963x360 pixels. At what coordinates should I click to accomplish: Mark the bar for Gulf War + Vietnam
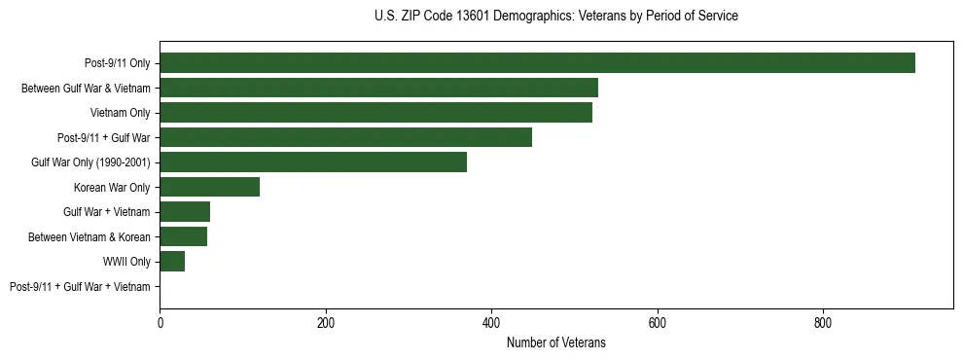(x=185, y=212)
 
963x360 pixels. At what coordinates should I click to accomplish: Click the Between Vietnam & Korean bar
(x=183, y=236)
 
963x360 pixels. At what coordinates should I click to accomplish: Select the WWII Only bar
(x=172, y=262)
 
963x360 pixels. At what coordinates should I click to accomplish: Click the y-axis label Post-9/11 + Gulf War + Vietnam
(x=80, y=287)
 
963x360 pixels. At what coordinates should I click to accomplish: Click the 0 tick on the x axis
(x=160, y=322)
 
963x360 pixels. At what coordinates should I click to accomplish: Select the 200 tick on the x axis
(x=326, y=322)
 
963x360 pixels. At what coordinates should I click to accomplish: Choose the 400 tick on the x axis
(x=491, y=322)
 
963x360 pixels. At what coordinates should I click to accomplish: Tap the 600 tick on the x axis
(x=658, y=322)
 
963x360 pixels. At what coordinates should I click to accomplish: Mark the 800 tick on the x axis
(x=823, y=322)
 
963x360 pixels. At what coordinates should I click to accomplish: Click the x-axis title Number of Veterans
(x=555, y=342)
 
